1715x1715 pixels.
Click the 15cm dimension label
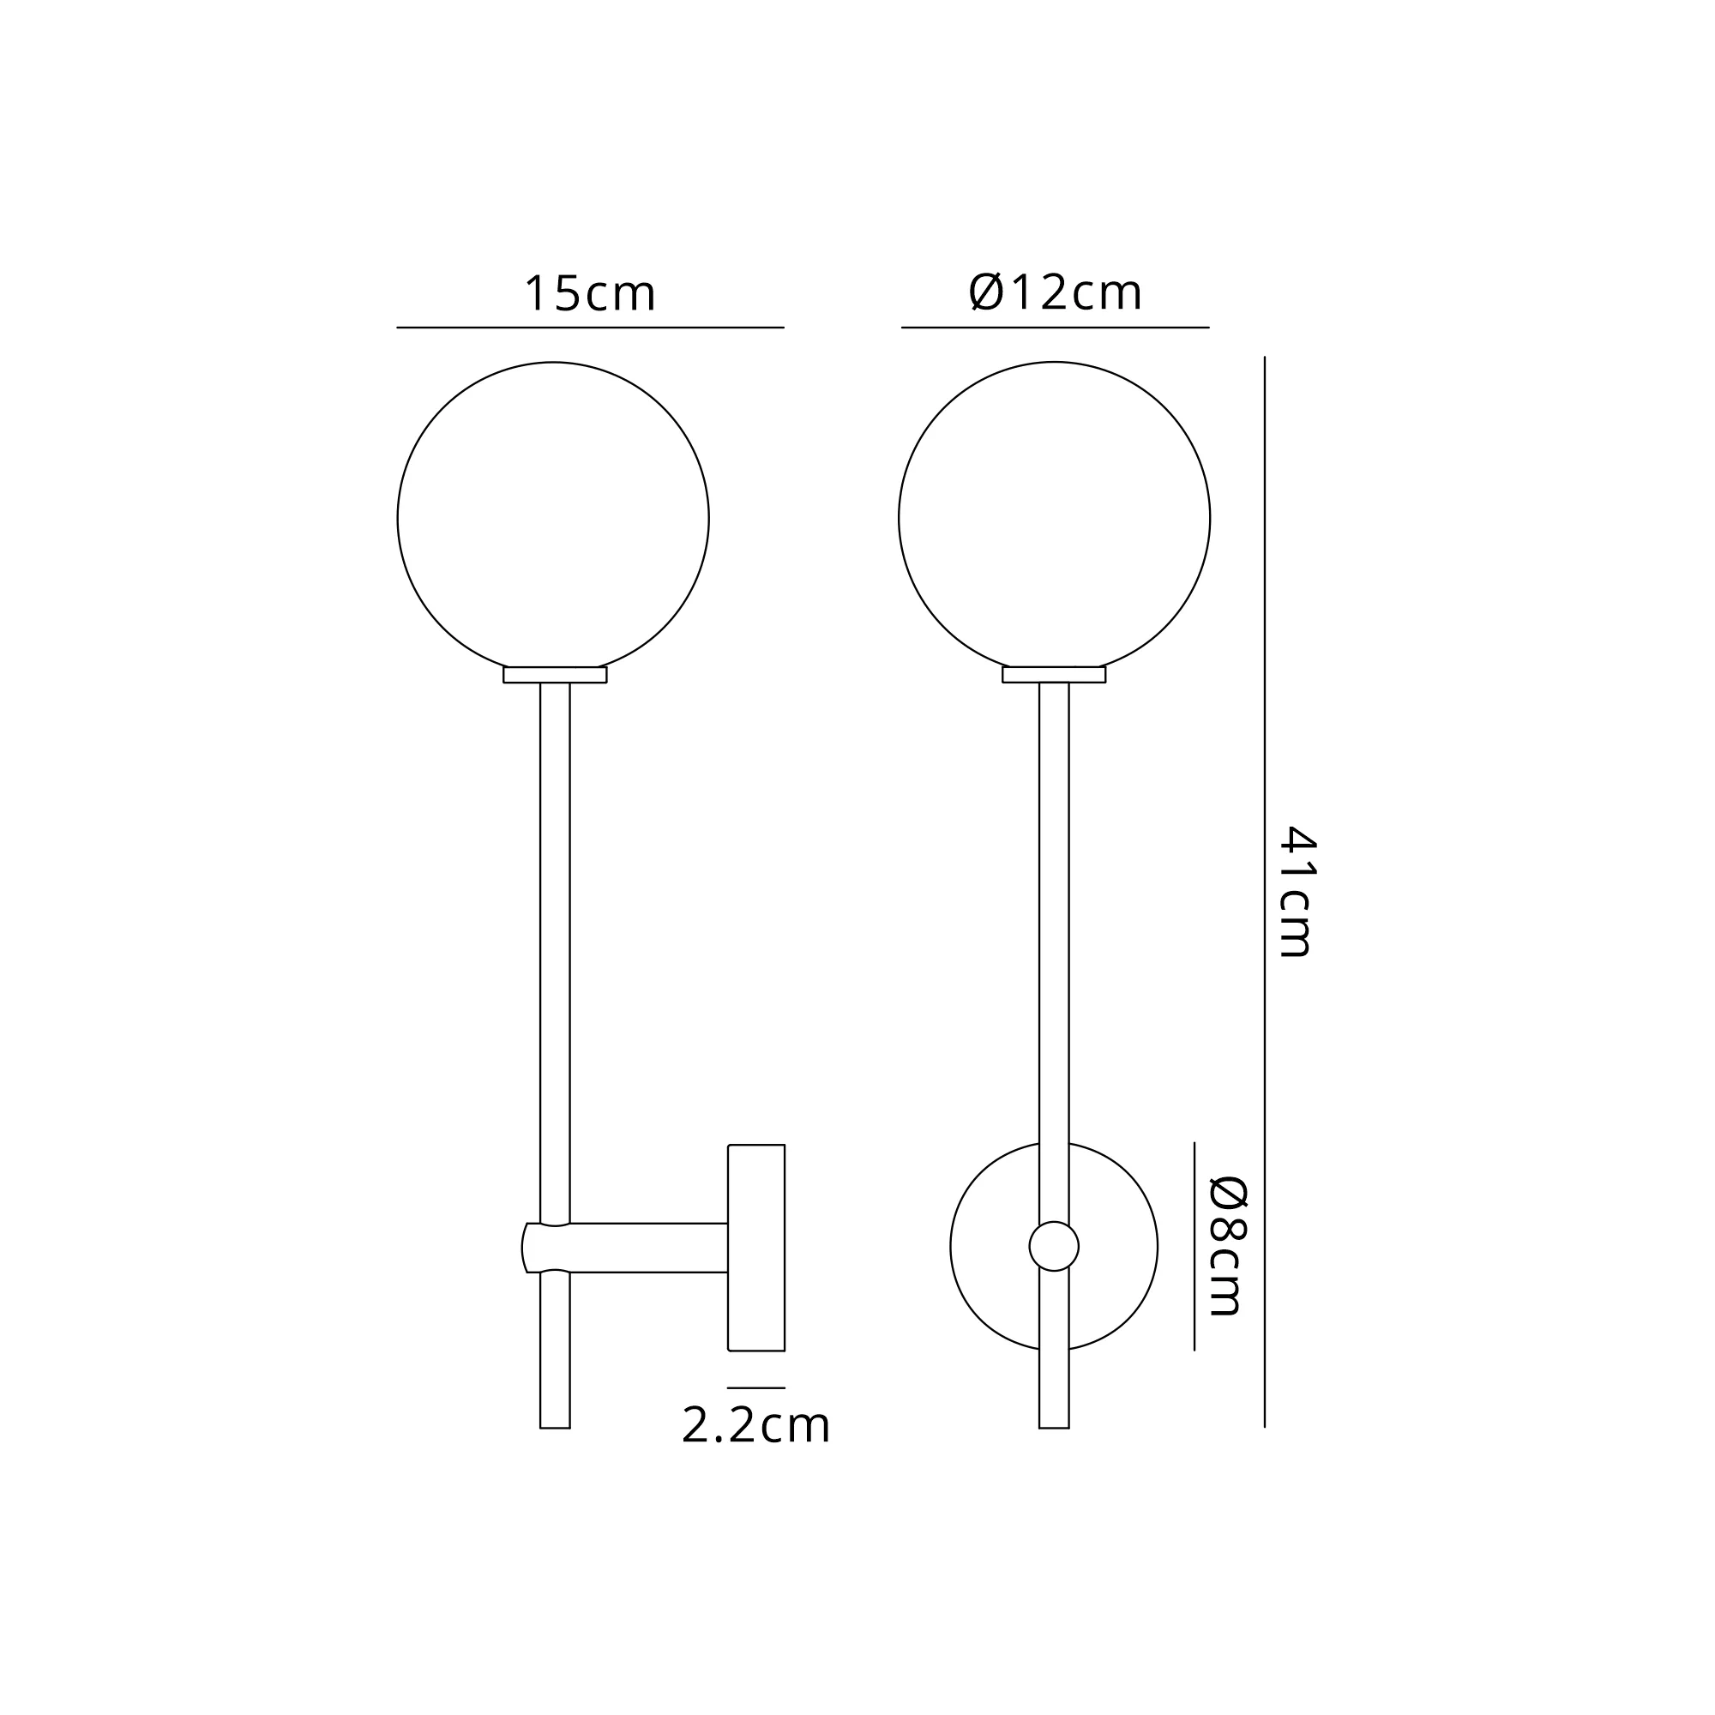point(590,294)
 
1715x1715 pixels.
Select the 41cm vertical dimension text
point(1297,891)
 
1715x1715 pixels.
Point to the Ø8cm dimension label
point(1229,1246)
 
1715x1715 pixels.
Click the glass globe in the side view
point(398,519)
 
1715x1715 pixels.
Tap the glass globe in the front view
point(900,519)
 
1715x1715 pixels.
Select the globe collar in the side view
point(555,675)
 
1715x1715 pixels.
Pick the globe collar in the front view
point(1054,675)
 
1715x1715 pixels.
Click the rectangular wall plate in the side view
point(756,1247)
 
